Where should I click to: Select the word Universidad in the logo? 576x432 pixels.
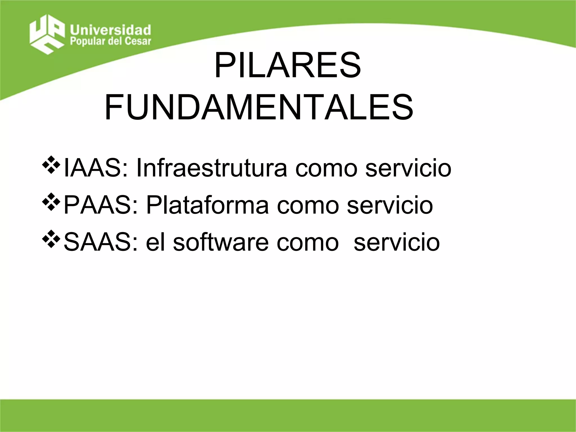110,30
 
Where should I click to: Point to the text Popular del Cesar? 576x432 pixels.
110,42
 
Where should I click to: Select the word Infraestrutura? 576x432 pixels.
211,168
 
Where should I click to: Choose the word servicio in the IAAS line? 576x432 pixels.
408,168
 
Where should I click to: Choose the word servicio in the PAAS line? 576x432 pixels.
390,206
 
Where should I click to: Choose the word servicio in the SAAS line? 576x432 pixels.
397,242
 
